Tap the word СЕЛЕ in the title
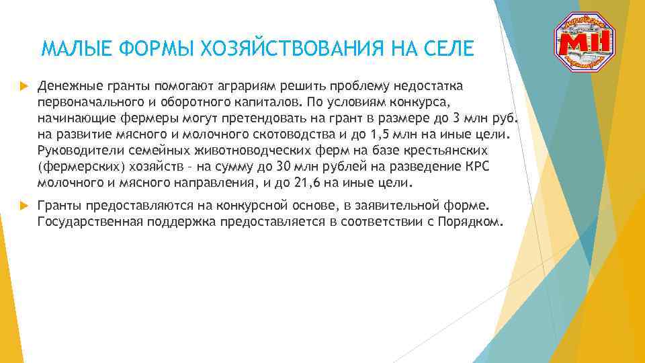pyautogui.click(x=449, y=48)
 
